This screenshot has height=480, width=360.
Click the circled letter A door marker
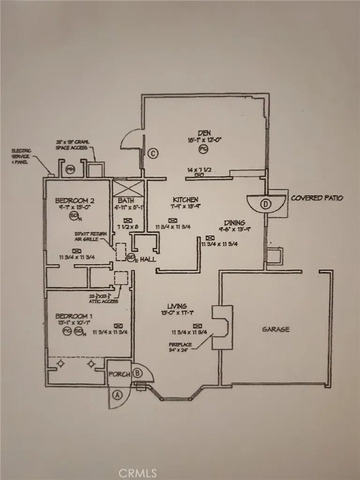pyautogui.click(x=117, y=395)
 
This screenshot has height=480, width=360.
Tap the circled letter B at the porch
pyautogui.click(x=137, y=373)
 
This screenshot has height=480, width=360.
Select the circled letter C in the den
pyautogui.click(x=152, y=153)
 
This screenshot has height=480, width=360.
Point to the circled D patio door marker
pyautogui.click(x=266, y=204)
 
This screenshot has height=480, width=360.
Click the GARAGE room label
pyautogui.click(x=275, y=329)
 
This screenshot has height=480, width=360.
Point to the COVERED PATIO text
pyautogui.click(x=317, y=198)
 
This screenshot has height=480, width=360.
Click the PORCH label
pyautogui.click(x=118, y=375)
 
